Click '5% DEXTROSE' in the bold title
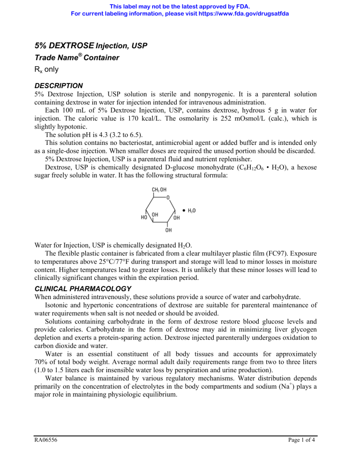[64, 45]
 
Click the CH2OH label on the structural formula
[159, 190]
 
